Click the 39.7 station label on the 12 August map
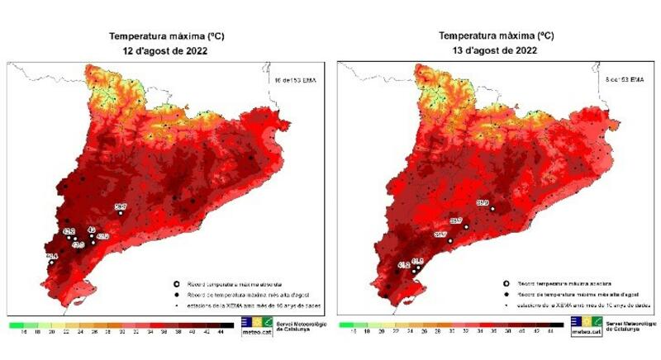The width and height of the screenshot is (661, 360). pos(120,206)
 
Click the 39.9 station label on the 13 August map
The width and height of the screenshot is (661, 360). pos(483,202)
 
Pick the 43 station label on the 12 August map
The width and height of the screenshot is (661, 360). pos(92,230)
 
